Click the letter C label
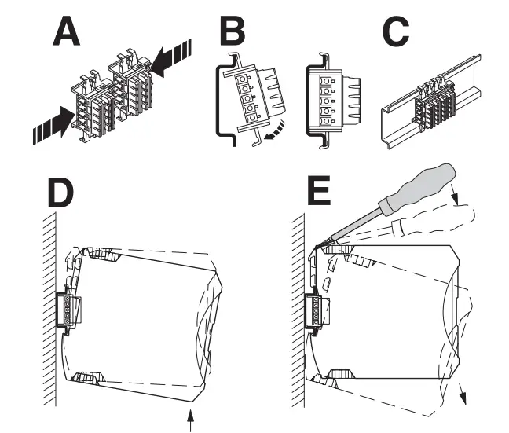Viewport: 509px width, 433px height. (x=392, y=33)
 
